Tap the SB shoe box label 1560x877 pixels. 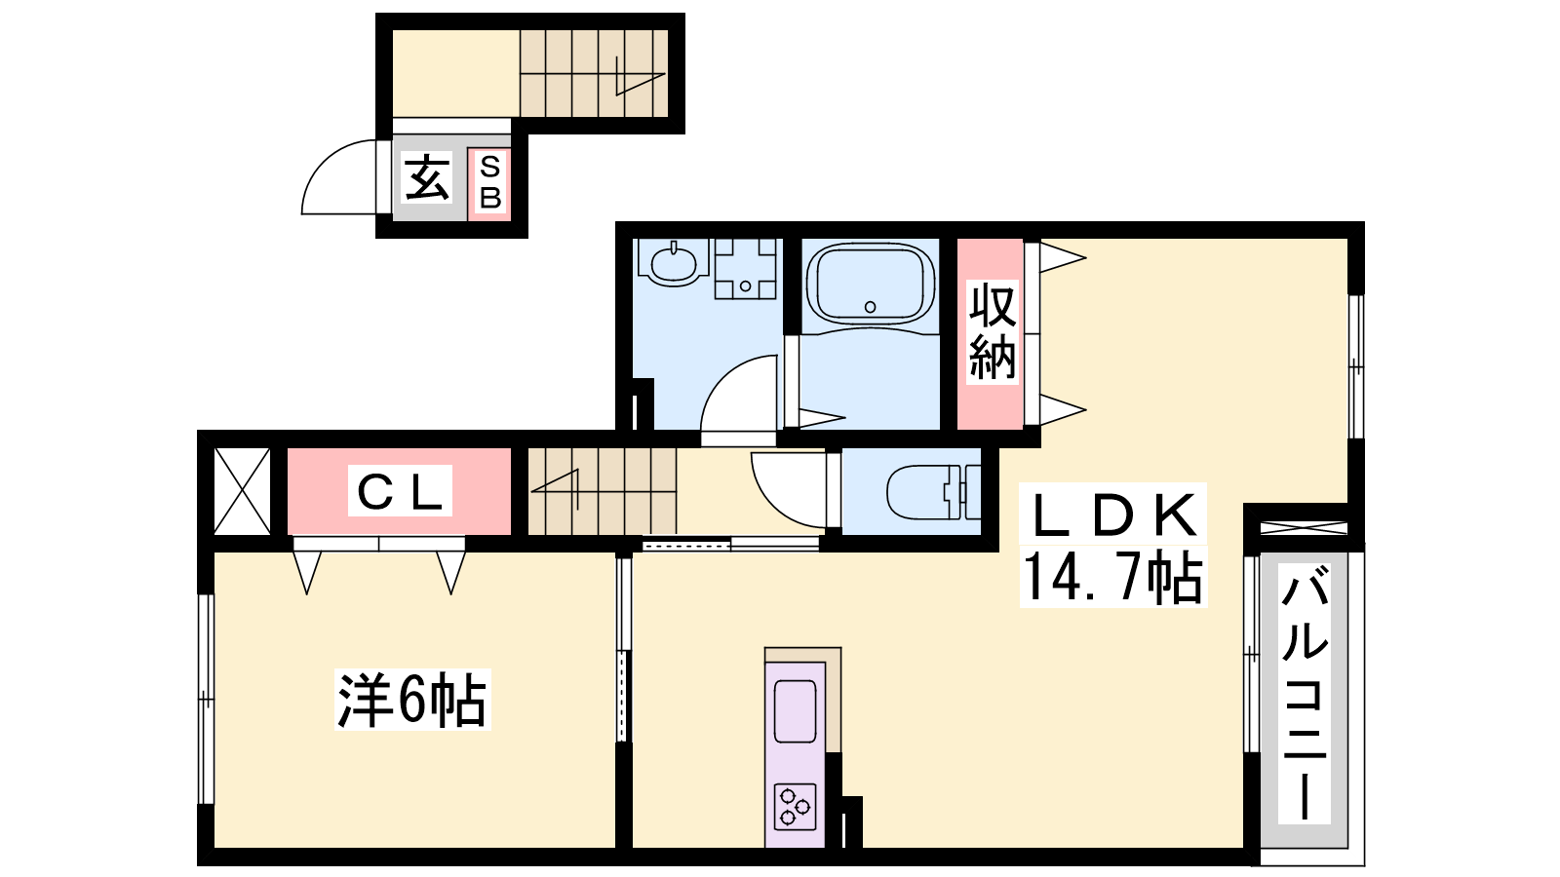pyautogui.click(x=490, y=182)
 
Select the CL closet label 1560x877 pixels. pyautogui.click(x=400, y=491)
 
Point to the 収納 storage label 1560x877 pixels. pyautogui.click(x=993, y=332)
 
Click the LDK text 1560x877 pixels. pyautogui.click(x=1112, y=515)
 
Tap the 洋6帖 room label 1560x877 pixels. pyautogui.click(x=411, y=700)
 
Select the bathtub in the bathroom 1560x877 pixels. pyautogui.click(x=870, y=284)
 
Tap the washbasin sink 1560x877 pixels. pyautogui.click(x=673, y=263)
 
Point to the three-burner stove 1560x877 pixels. pyautogui.click(x=795, y=808)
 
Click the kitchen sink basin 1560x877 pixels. pyautogui.click(x=795, y=711)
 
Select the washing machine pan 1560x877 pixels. pyautogui.click(x=745, y=269)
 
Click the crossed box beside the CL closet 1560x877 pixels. pyautogui.click(x=242, y=491)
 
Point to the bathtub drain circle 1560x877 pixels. pyautogui.click(x=870, y=306)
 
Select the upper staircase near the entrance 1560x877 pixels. pyautogui.click(x=594, y=73)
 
